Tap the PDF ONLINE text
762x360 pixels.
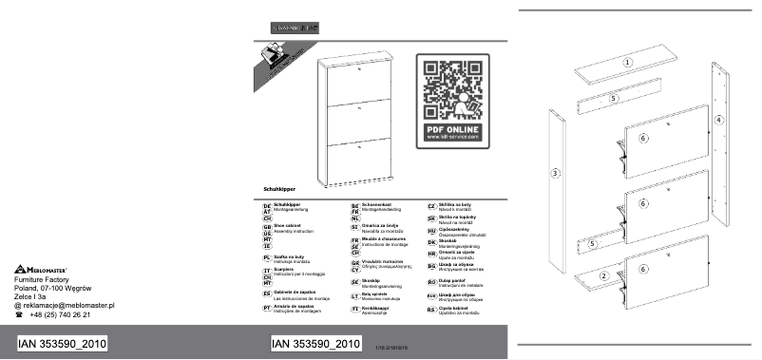coord(451,127)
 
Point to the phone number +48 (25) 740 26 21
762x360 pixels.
coord(59,314)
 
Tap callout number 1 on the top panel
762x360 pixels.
coord(627,62)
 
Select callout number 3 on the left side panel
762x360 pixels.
coord(556,172)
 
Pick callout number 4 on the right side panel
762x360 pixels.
coord(718,121)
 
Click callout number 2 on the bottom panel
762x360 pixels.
coord(602,275)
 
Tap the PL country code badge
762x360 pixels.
coord(267,258)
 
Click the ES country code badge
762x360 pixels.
coord(267,294)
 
